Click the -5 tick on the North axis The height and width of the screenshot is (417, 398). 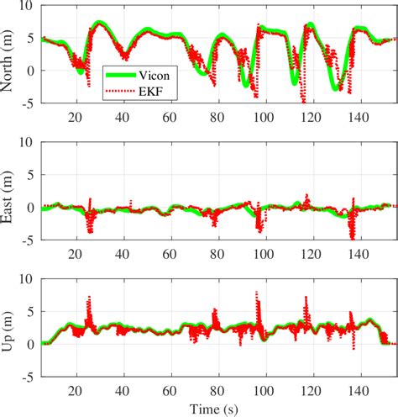[29, 103]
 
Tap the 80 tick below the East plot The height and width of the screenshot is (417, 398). [219, 252]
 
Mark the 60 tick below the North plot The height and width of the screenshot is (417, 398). [172, 116]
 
